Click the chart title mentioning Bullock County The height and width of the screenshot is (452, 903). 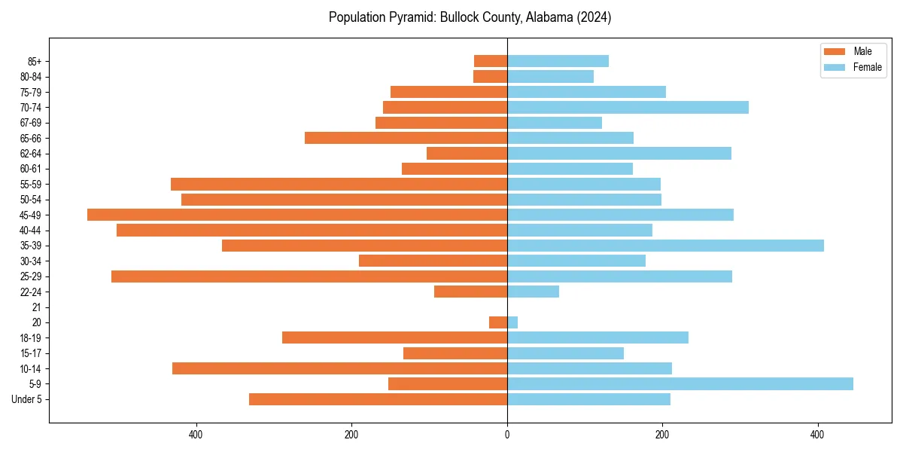coord(470,17)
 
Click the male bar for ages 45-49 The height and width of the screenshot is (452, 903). coord(297,215)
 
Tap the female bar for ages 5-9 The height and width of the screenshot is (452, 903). coord(680,383)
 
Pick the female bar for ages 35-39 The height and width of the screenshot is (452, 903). coord(665,246)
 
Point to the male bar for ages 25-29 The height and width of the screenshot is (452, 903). coord(309,276)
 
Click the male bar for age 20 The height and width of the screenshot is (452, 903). coord(498,322)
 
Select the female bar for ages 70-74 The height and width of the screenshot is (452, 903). coord(628,107)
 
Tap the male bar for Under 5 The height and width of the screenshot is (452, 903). coord(378,399)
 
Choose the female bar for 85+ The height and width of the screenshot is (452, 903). coord(558,61)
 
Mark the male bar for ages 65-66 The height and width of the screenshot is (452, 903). coord(406,138)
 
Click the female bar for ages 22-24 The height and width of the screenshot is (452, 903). coord(533,292)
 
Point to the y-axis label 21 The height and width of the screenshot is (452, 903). coord(36,307)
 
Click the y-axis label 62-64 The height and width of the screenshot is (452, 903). coord(31,154)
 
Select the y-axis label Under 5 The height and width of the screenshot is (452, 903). coord(26,399)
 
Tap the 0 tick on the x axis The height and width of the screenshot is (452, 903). coord(507,435)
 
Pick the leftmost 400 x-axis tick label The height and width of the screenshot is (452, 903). coord(196,435)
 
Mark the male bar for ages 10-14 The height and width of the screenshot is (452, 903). coord(339,368)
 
